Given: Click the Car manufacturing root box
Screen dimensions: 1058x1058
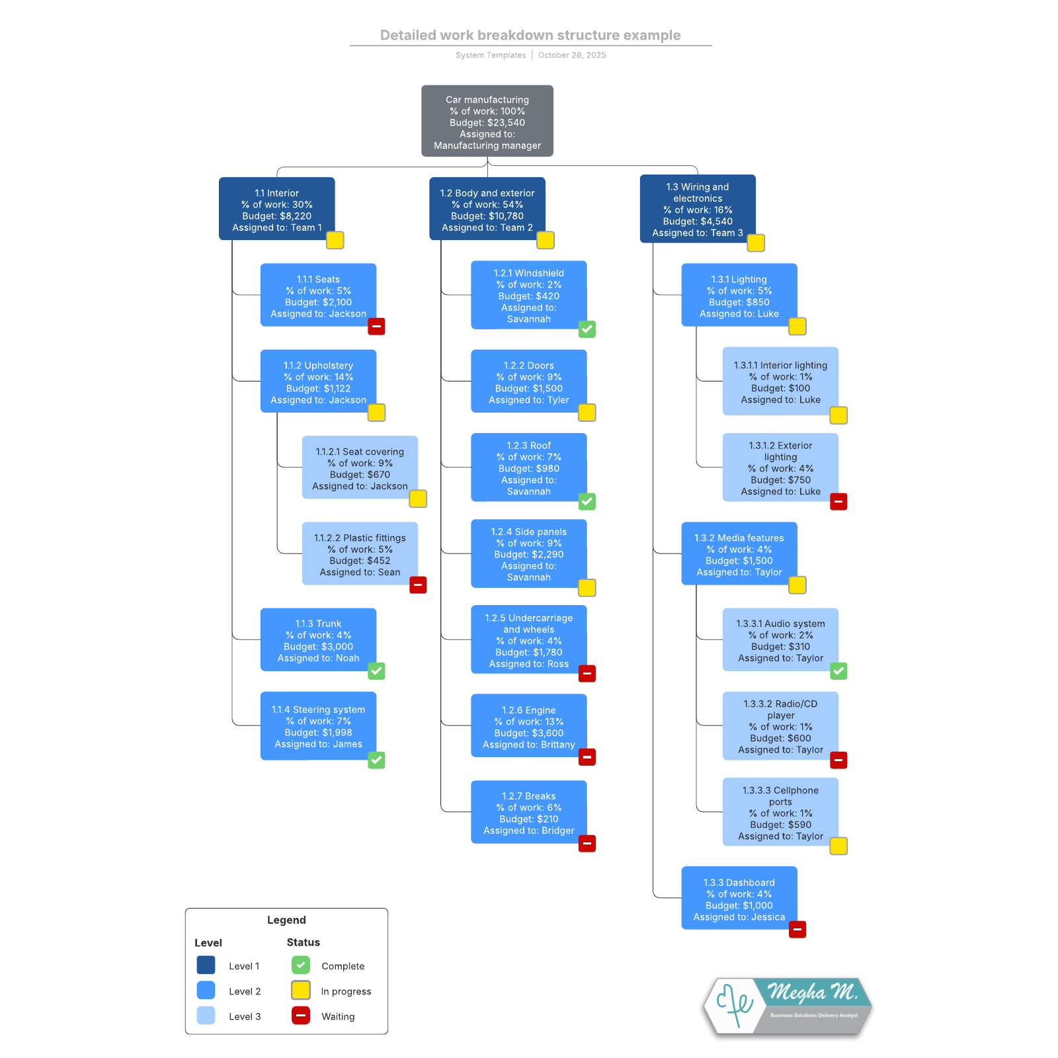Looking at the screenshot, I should [x=487, y=121].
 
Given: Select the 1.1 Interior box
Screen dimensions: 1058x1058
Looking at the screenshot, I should [x=276, y=208].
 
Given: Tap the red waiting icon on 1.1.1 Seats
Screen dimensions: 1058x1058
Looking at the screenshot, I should [x=376, y=327].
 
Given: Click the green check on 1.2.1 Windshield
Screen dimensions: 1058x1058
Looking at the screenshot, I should [x=587, y=329].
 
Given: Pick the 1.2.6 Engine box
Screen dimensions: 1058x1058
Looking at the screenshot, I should [x=528, y=725].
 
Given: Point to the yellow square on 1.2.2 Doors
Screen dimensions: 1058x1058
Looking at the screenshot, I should [x=587, y=413].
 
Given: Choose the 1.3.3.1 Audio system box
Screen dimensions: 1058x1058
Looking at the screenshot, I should [x=780, y=639].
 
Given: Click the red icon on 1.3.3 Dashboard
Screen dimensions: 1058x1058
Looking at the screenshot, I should [x=797, y=930].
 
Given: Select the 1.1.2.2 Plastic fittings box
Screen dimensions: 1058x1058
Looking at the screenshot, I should [x=360, y=553].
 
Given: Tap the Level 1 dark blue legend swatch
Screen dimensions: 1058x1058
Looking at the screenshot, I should [x=206, y=965].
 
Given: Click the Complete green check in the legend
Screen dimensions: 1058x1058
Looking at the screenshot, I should [x=301, y=965].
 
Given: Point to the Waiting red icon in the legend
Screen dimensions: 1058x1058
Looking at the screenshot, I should [x=301, y=1016].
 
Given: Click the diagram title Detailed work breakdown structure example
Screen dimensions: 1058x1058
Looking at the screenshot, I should [x=530, y=35].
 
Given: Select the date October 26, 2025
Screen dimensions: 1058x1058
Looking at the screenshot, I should [x=572, y=55].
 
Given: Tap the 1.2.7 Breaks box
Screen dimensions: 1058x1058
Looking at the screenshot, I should [x=528, y=812].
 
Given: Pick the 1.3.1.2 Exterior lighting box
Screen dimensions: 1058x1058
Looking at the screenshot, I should [x=780, y=467].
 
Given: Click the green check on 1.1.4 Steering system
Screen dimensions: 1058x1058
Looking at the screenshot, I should [x=376, y=760].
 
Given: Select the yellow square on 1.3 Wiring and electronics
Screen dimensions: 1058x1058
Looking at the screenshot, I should [x=756, y=243].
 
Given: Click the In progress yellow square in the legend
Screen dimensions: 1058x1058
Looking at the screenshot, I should [x=301, y=991].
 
